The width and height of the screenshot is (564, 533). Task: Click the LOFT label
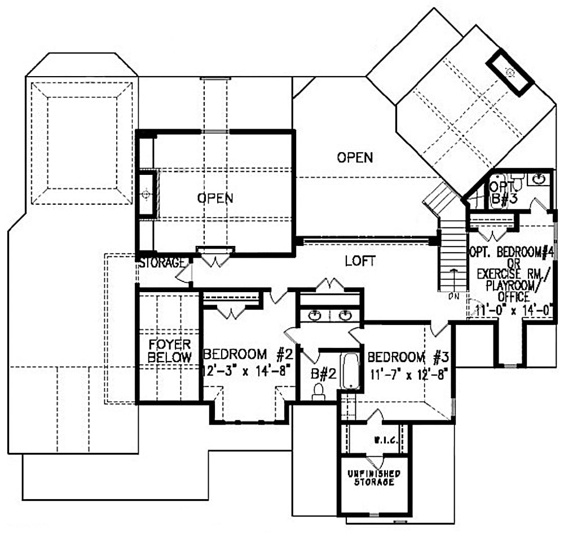coord(360,261)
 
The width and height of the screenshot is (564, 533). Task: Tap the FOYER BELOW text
coord(169,351)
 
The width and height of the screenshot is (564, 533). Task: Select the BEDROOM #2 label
coord(246,355)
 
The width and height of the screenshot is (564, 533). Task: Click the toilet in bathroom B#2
coord(319,391)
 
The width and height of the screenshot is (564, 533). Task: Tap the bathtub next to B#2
coord(350,371)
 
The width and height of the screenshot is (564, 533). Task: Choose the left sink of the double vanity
coord(315,315)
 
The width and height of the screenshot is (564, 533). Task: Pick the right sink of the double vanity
coord(345,315)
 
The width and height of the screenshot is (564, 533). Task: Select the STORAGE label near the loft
coord(162,263)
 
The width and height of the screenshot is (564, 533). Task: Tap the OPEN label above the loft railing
coord(355,157)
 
